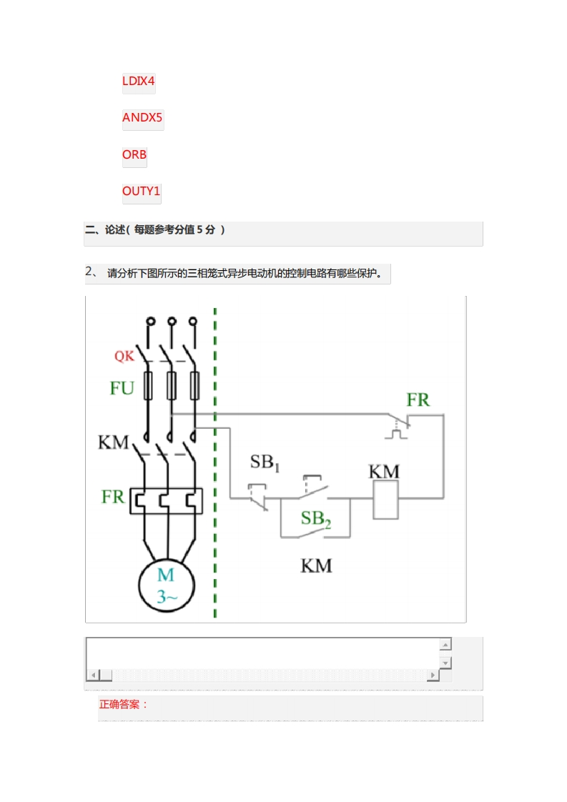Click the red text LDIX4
(x=139, y=81)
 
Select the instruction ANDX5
(x=142, y=117)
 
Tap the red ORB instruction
(x=134, y=154)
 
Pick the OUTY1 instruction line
(x=142, y=191)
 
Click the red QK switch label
(x=124, y=355)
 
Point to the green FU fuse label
(x=122, y=388)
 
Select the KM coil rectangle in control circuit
(x=385, y=498)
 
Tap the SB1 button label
(x=264, y=462)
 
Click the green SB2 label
(x=315, y=518)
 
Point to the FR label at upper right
(x=418, y=400)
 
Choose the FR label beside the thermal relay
(x=113, y=496)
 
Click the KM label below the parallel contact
(x=316, y=565)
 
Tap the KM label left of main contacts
(x=113, y=442)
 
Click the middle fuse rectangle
(x=172, y=386)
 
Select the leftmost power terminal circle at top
(x=150, y=322)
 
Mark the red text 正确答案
(x=123, y=704)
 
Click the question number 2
(x=89, y=271)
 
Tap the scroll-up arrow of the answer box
(x=445, y=644)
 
